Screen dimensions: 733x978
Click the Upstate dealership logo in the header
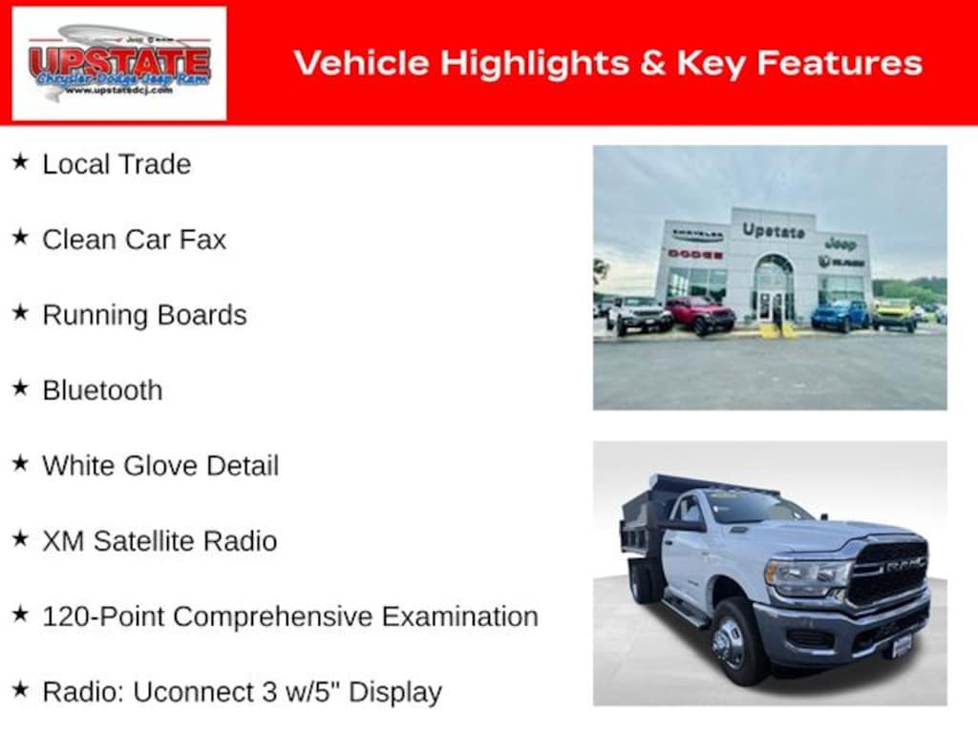tap(119, 63)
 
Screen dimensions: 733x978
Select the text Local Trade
tap(117, 163)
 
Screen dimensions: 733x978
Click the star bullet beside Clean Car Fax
tap(20, 238)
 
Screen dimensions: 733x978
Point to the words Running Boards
tap(144, 315)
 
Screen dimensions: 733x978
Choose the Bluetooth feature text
tap(102, 390)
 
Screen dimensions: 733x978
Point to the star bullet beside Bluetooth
tap(20, 388)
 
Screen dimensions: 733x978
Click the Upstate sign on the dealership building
tap(773, 231)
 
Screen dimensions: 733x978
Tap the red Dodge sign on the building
tap(694, 254)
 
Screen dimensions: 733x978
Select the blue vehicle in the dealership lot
tap(840, 315)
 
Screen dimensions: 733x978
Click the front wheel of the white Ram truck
tap(733, 640)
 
